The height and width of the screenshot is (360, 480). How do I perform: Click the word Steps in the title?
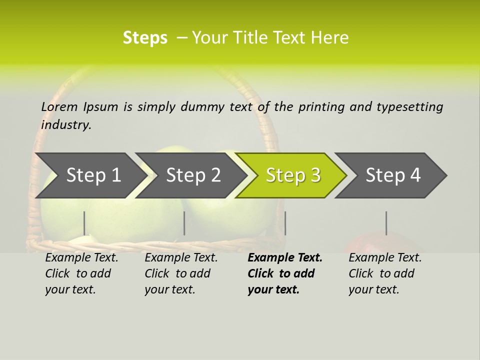click(145, 38)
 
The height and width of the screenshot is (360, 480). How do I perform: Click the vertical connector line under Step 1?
click(84, 223)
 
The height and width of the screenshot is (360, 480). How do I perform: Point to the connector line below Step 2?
click(184, 223)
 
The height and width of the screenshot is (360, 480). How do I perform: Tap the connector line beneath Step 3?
click(285, 223)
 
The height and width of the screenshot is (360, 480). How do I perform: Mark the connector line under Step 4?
click(386, 223)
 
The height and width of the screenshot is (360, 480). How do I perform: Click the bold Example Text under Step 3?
click(284, 273)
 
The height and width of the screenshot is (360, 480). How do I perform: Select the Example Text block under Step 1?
click(81, 273)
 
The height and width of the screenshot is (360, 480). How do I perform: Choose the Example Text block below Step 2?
click(181, 273)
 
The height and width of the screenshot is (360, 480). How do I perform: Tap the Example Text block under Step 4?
click(385, 273)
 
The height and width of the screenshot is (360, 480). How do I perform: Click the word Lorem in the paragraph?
click(59, 106)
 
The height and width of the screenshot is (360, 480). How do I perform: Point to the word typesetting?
click(409, 107)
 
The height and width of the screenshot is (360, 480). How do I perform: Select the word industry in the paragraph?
click(66, 125)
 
